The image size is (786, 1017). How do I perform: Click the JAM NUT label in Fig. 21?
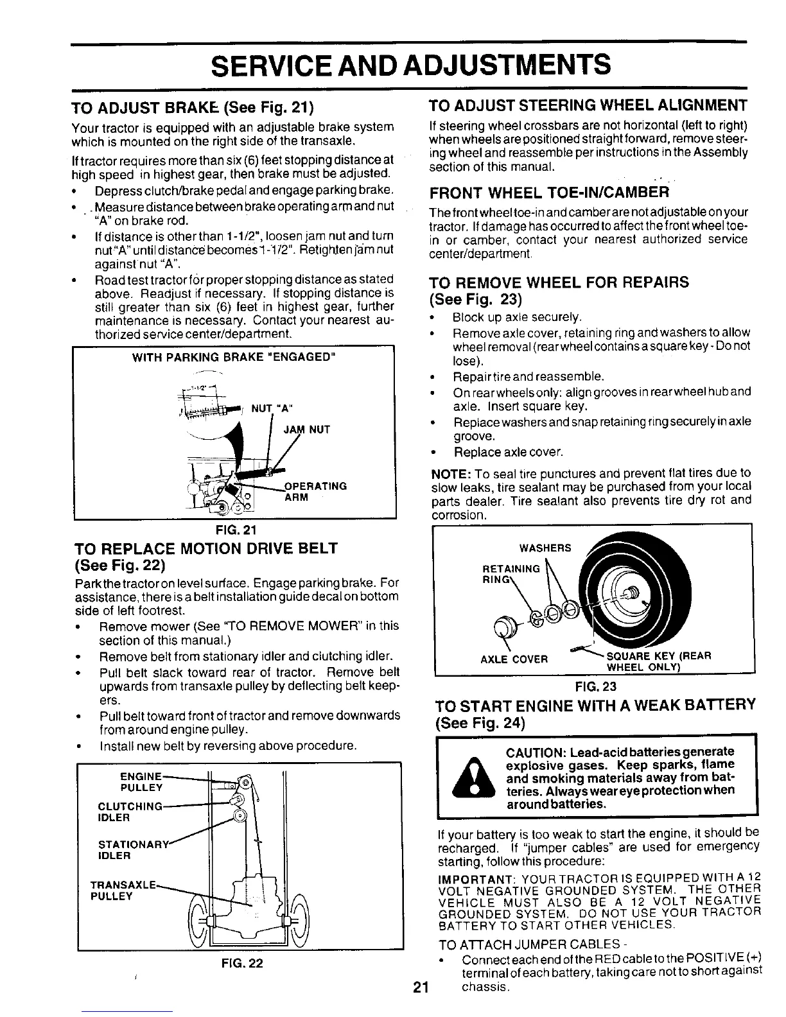306,430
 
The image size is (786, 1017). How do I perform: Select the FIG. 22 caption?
241,963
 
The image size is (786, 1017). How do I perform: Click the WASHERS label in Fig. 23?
545,548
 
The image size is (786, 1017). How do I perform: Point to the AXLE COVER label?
514,659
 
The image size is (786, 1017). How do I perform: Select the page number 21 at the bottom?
421,989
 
